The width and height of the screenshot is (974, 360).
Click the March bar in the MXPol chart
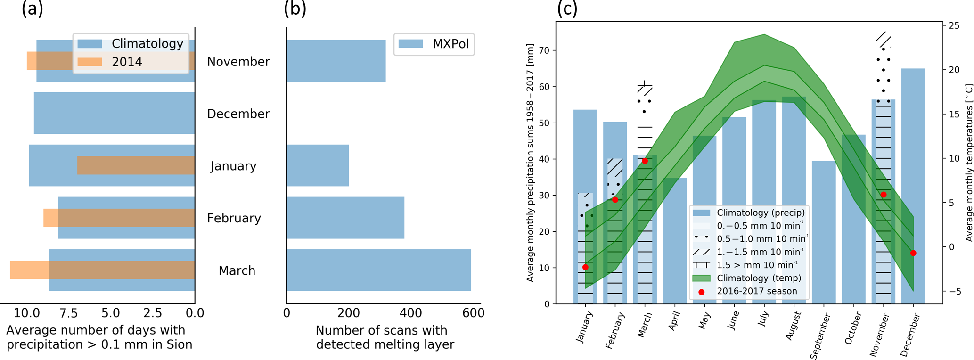tap(378, 270)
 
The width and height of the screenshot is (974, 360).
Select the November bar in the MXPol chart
tap(336, 61)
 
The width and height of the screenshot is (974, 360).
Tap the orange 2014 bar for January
tap(136, 165)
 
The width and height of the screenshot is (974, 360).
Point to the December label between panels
tap(238, 114)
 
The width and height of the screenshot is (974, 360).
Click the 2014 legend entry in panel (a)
tap(126, 62)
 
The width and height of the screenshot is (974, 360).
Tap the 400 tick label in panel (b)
tap(411, 313)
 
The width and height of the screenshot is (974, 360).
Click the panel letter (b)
tap(295, 8)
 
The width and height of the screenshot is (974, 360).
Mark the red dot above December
tap(913, 253)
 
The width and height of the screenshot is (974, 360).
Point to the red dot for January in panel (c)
tap(585, 267)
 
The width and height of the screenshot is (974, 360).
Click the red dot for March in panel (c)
tap(645, 161)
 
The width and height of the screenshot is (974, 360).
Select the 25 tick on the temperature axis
tap(954, 25)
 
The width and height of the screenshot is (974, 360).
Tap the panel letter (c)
tap(567, 8)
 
